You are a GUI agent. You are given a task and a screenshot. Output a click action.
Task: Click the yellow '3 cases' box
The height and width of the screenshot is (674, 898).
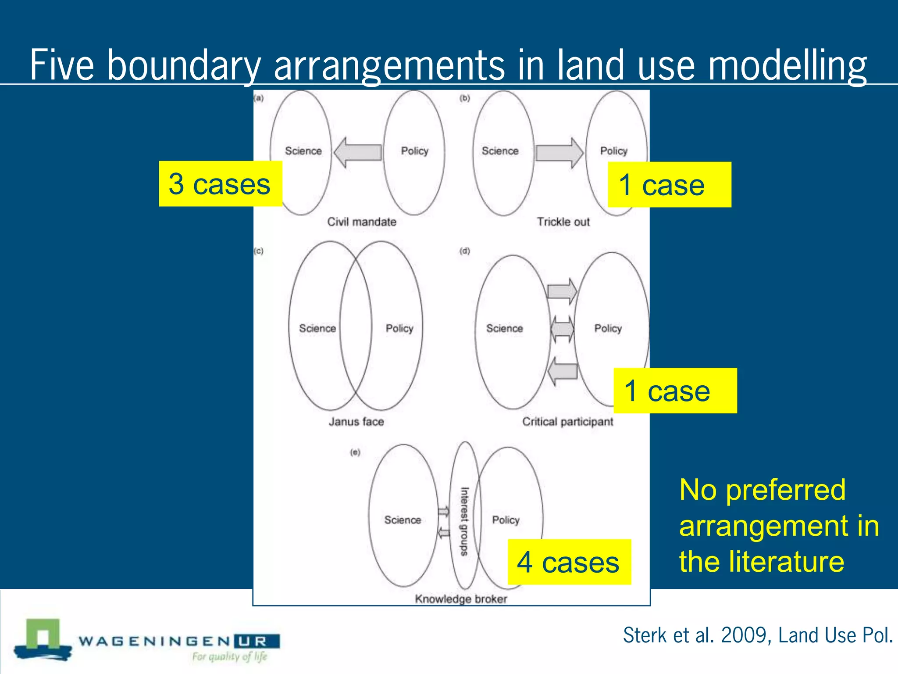[x=220, y=183]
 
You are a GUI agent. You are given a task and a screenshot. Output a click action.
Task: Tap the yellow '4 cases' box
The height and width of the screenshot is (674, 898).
[x=569, y=562]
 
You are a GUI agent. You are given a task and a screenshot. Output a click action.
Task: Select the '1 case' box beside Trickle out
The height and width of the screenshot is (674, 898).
[x=669, y=185]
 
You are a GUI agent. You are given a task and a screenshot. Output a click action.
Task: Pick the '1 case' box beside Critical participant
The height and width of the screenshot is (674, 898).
[x=675, y=391]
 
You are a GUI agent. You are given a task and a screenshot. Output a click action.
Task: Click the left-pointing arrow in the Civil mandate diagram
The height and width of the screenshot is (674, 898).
[x=358, y=153]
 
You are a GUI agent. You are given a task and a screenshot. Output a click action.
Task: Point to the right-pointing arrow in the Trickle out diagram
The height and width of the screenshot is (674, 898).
[x=559, y=153]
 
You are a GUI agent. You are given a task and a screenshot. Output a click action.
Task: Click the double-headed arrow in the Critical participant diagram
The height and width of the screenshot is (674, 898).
[x=562, y=329]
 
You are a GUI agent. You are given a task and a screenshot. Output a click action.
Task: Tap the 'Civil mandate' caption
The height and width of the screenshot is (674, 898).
[x=362, y=222]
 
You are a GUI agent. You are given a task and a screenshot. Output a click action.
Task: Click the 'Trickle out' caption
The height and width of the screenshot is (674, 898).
[x=563, y=222]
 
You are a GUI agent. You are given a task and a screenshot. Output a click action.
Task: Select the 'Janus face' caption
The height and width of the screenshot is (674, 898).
[x=356, y=422]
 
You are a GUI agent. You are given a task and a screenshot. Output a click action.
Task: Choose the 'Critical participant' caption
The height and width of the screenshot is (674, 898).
[x=567, y=422]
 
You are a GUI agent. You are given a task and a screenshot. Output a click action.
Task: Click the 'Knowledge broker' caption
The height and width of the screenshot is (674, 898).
[x=461, y=599]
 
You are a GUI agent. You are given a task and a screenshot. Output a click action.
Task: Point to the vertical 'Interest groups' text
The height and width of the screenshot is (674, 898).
[x=464, y=521]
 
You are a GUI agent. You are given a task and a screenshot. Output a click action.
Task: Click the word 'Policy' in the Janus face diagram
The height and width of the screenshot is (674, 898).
[x=399, y=329]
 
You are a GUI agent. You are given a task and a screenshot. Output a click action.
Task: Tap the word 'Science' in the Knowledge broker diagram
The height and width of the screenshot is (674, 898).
[x=403, y=520]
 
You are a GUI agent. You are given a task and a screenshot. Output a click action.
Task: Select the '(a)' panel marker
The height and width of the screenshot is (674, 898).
[x=259, y=98]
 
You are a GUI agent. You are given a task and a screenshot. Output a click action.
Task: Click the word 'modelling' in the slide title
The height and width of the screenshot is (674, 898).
[x=788, y=65]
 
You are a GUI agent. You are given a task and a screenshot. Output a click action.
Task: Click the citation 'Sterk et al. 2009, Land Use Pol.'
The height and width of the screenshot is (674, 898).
[x=758, y=635]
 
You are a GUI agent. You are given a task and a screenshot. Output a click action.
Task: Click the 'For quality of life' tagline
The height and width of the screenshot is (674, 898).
[x=229, y=656]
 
